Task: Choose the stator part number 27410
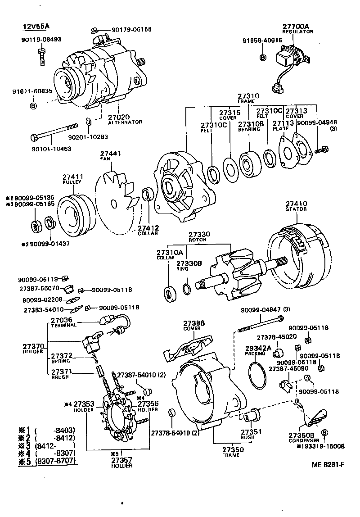pyautogui.click(x=296, y=203)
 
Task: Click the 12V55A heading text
pyautogui.click(x=36, y=27)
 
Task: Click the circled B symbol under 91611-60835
pyautogui.click(x=33, y=106)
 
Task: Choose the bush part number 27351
pyautogui.click(x=248, y=431)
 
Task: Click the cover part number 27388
pyautogui.click(x=193, y=323)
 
